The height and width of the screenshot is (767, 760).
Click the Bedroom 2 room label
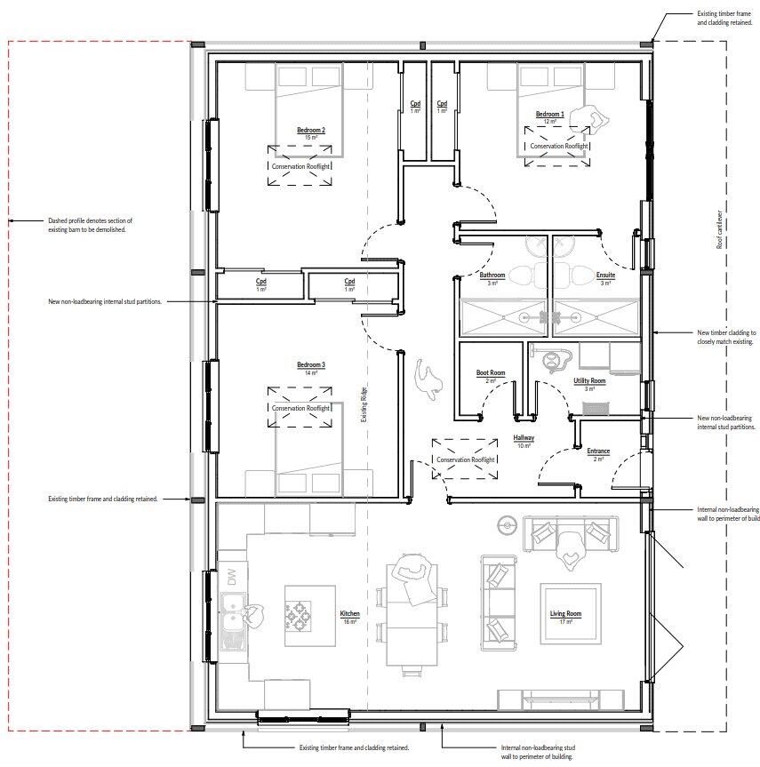pos(311,131)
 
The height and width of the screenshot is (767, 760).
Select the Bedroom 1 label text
pos(549,115)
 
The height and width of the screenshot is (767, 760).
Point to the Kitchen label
pos(349,614)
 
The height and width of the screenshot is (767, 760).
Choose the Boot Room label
pos(491,373)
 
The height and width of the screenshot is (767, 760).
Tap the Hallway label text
pos(524,438)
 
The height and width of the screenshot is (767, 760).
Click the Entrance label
pos(598,451)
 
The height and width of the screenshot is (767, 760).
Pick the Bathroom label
pos(492,276)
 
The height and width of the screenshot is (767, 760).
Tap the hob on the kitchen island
pos(297,614)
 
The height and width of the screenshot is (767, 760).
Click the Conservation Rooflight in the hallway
pos(465,459)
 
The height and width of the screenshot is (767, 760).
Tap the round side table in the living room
pos(508,525)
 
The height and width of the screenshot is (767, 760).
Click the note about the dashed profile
pos(87,225)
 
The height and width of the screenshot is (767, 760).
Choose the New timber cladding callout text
pos(726,336)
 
